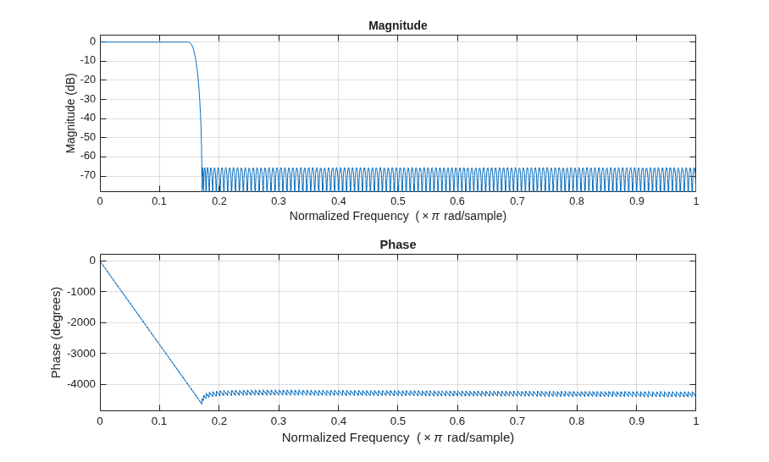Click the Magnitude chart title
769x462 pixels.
(x=398, y=25)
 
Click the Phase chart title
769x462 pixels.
(x=398, y=245)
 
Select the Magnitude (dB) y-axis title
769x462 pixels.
(x=70, y=113)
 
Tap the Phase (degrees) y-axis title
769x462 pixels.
(x=56, y=333)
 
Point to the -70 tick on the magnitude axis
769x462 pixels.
(x=88, y=175)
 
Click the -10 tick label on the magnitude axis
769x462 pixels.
(x=88, y=61)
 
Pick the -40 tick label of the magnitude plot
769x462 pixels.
(x=88, y=118)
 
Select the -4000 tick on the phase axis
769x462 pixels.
(x=81, y=384)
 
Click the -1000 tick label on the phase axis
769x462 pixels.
(x=81, y=292)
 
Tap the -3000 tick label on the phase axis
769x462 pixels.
(x=81, y=353)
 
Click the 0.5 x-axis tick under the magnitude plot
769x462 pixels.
(x=398, y=201)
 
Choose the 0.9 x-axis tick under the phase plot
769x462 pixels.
(x=637, y=421)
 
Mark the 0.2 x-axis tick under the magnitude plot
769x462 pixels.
(x=219, y=201)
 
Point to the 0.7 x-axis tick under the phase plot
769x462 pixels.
(x=517, y=421)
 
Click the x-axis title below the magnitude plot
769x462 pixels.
(x=398, y=216)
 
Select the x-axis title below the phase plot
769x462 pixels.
(x=398, y=437)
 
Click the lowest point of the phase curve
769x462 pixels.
(x=202, y=404)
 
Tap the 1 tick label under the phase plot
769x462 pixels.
(x=696, y=421)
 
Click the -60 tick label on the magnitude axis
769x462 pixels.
(x=88, y=157)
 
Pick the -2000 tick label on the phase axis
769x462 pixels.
(x=81, y=322)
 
